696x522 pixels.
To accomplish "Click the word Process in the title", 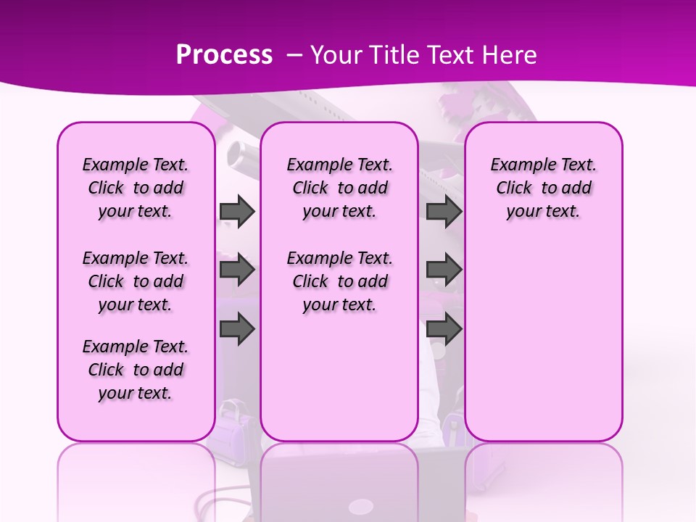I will click(224, 55).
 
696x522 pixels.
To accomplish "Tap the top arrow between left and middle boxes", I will click(237, 211).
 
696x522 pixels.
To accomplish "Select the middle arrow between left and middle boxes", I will click(237, 270).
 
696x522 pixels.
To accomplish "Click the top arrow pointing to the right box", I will click(444, 211).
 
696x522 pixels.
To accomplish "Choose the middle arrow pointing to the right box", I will click(444, 270).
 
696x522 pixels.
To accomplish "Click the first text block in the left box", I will click(136, 188).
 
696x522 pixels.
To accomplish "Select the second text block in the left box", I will click(136, 281).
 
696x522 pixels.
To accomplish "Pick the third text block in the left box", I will click(136, 370).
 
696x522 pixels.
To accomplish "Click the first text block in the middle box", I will click(339, 188).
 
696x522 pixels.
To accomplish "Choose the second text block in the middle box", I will click(339, 281).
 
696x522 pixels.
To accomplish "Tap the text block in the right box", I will click(543, 188).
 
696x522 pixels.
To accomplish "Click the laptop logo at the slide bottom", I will click(361, 506).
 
